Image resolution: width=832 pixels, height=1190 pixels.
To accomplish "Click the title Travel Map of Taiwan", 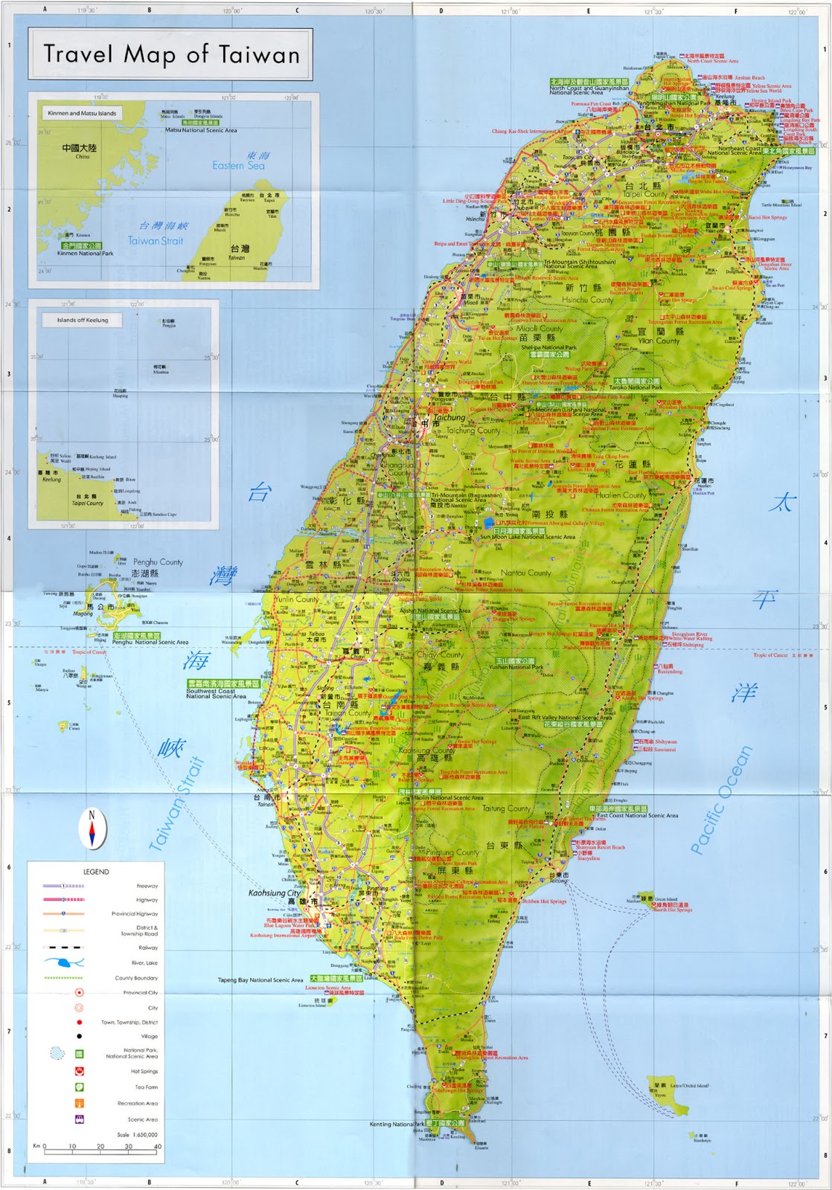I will tap(171, 54).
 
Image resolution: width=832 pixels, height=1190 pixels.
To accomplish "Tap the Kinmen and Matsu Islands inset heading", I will tap(82, 113).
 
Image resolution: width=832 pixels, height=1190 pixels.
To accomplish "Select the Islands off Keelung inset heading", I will tap(83, 320).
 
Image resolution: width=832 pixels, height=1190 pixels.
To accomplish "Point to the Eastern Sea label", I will tap(238, 165).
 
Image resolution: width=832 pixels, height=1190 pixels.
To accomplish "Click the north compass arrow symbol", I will tap(92, 829).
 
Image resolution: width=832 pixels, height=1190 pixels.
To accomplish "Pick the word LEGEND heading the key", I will tap(96, 872).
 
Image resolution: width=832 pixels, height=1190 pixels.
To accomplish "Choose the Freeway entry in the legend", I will tap(147, 886).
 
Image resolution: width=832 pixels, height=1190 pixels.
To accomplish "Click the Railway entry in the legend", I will tap(147, 948).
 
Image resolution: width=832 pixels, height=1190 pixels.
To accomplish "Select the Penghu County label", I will tap(158, 562).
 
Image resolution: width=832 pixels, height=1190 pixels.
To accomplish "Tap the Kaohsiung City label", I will tap(274, 892).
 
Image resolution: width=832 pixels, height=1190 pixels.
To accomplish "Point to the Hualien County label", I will tap(621, 495).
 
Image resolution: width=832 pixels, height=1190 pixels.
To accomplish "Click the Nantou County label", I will tap(526, 573).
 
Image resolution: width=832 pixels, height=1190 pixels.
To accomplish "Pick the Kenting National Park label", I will tap(397, 1124).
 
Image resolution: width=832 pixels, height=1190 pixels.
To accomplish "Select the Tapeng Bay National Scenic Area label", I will tap(260, 980).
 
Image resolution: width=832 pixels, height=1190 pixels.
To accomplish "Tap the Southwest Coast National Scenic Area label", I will tap(216, 694).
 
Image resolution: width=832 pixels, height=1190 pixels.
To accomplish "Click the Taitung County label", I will tap(507, 808).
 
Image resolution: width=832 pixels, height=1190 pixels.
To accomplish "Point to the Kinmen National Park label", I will tap(86, 254).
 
